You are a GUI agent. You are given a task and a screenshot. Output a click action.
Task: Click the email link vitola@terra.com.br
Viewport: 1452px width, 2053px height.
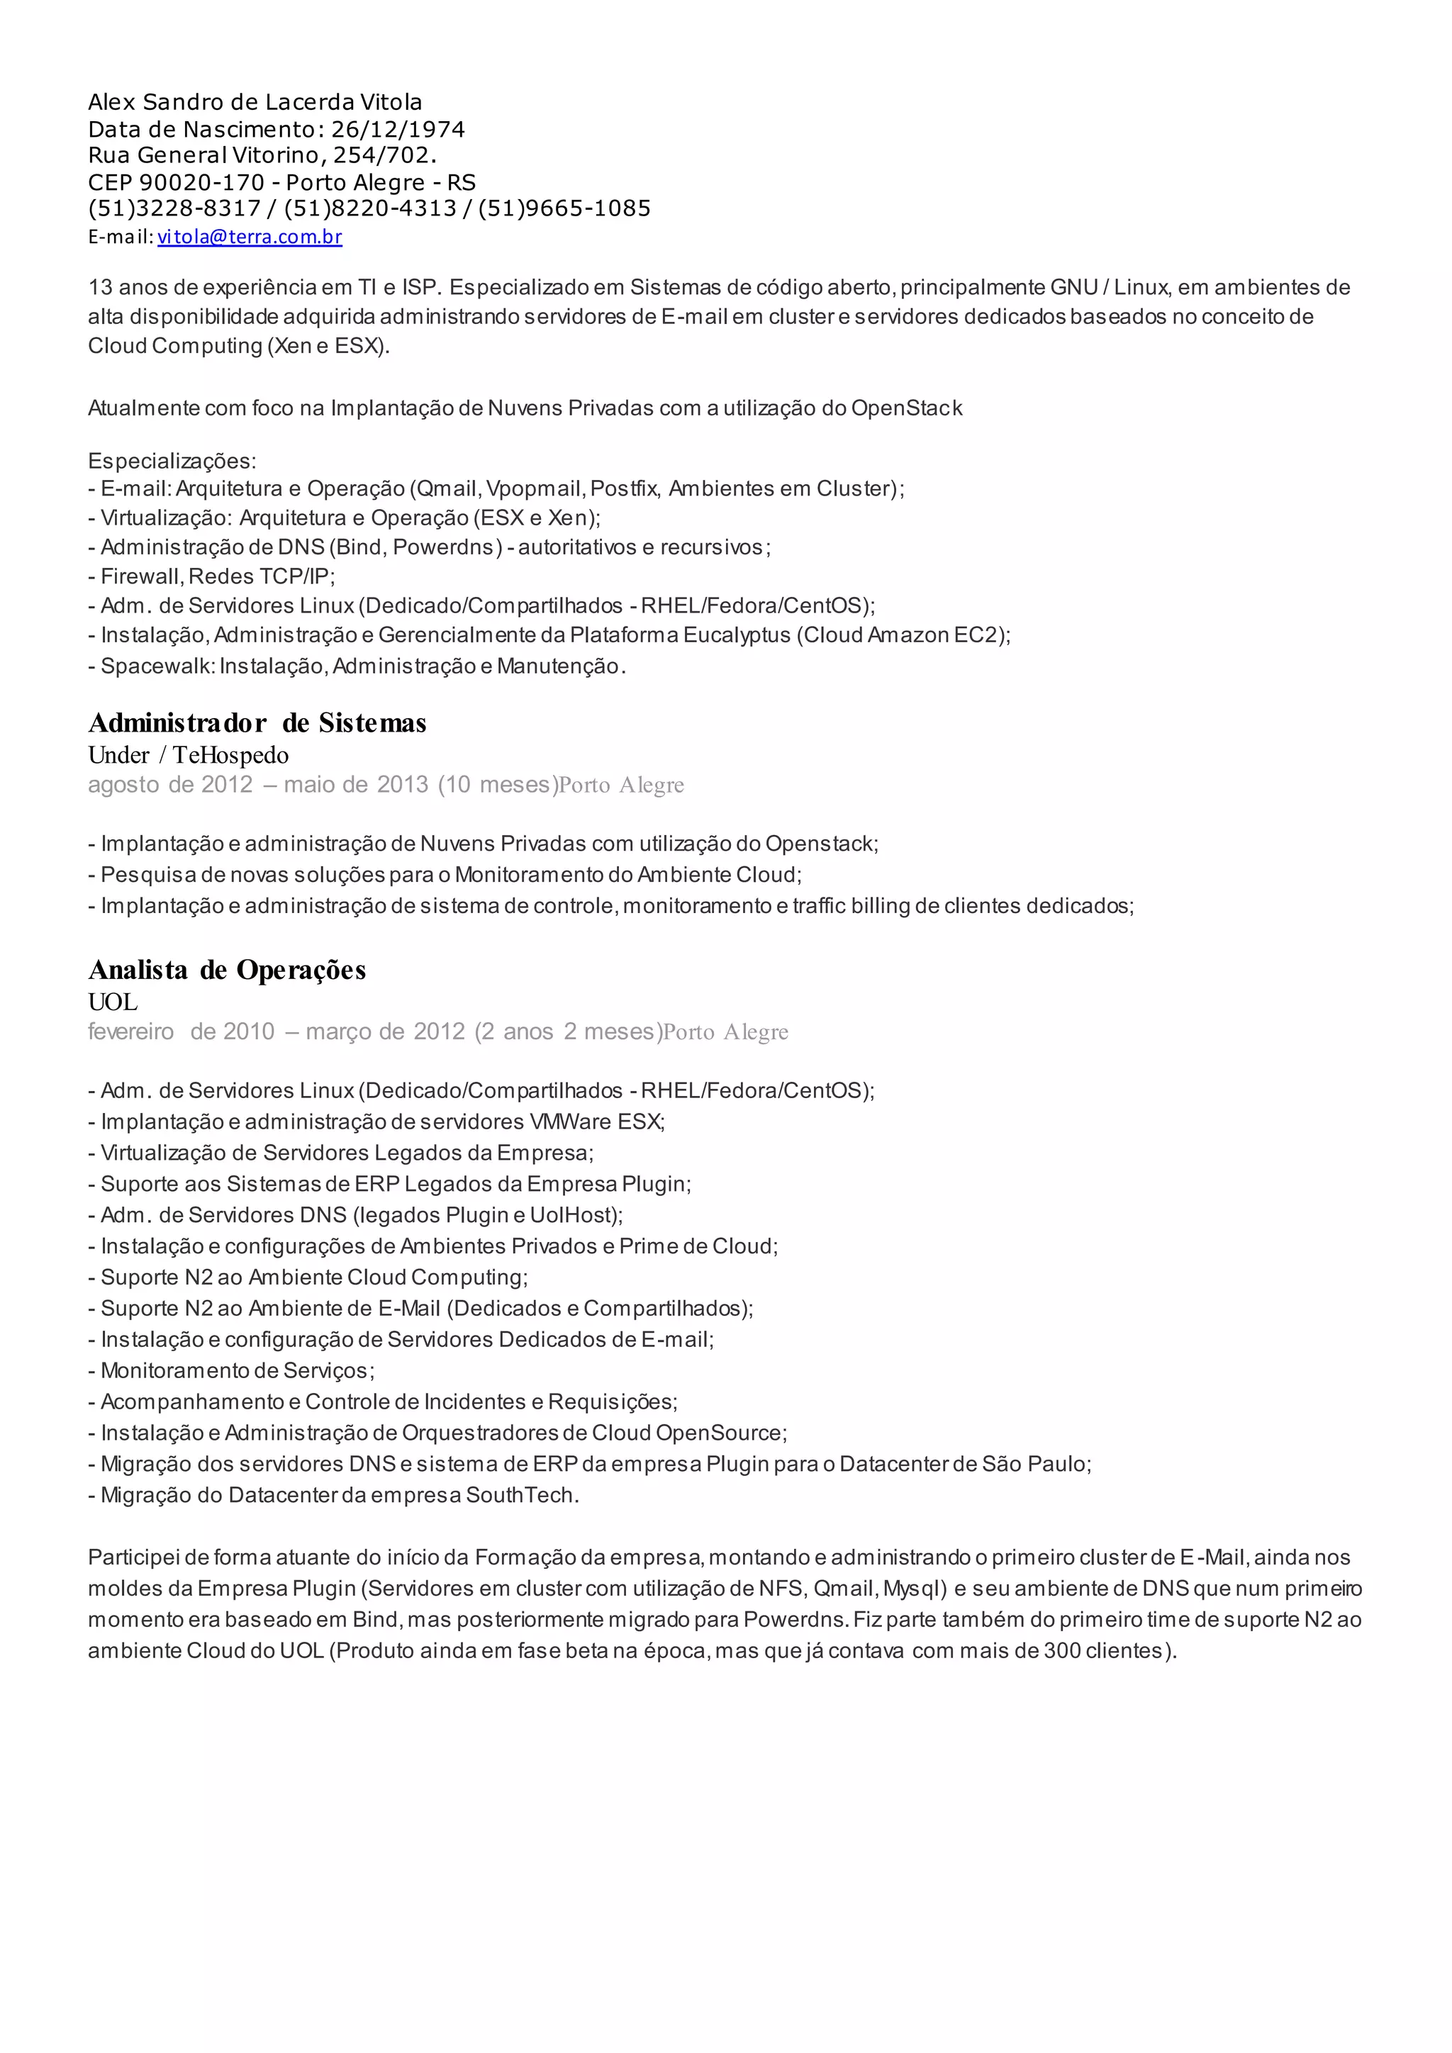pyautogui.click(x=250, y=237)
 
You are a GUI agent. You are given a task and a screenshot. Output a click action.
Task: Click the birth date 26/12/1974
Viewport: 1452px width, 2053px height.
pyautogui.click(x=398, y=130)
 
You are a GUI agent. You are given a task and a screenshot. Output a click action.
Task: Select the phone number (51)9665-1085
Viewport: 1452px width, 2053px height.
pyautogui.click(x=564, y=209)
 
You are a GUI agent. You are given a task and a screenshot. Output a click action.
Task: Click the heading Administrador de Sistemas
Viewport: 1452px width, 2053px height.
pyautogui.click(x=257, y=722)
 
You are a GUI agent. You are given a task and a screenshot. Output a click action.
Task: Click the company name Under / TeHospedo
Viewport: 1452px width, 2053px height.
pyautogui.click(x=188, y=756)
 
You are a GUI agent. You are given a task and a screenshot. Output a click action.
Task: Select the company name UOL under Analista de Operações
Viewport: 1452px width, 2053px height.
pyautogui.click(x=113, y=1002)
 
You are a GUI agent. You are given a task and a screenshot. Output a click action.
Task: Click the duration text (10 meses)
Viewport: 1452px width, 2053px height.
pyautogui.click(x=497, y=785)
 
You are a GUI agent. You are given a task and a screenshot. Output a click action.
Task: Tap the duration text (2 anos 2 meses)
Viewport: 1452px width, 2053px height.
pyautogui.click(x=569, y=1032)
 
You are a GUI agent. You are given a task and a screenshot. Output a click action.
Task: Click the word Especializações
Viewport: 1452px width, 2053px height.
pyautogui.click(x=172, y=461)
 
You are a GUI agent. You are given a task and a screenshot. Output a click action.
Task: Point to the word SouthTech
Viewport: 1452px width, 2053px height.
pyautogui.click(x=522, y=1495)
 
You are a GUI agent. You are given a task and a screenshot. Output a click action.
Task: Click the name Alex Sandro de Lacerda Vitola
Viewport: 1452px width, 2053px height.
pyautogui.click(x=255, y=103)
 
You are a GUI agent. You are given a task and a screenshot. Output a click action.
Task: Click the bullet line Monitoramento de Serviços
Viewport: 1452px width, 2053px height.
pyautogui.click(x=237, y=1371)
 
